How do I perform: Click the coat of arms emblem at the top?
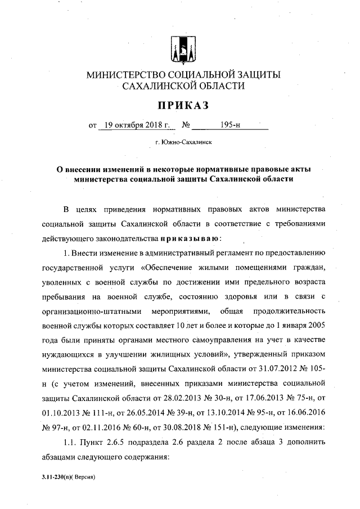click(x=183, y=49)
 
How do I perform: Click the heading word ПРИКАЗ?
click(x=184, y=105)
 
